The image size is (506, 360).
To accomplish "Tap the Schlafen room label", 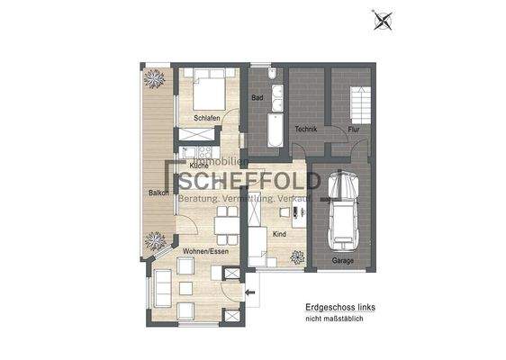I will tap(207, 118).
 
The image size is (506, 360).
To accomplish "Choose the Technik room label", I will tap(307, 130).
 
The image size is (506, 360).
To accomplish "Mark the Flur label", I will tap(355, 130).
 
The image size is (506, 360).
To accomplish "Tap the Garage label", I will tap(342, 261).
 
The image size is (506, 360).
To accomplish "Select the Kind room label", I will tap(279, 232).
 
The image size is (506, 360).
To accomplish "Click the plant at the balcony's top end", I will tap(153, 79).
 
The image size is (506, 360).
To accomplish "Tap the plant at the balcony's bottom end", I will tap(154, 239).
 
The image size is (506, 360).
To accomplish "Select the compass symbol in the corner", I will tap(384, 19).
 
